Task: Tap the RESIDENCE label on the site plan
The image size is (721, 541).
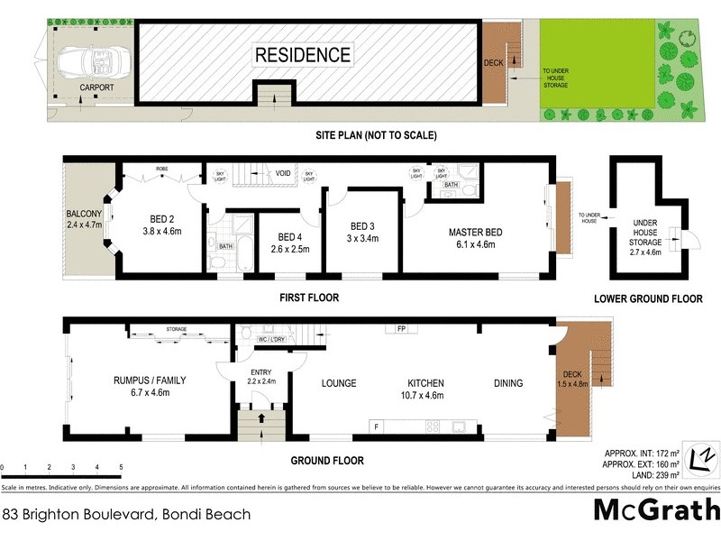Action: tap(303, 54)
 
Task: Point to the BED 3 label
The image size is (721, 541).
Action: tap(361, 226)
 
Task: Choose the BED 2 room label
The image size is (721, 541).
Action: tap(158, 217)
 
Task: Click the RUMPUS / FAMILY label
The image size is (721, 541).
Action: tap(150, 380)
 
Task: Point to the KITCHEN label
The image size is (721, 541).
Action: tap(424, 383)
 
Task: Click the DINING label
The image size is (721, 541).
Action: tap(508, 383)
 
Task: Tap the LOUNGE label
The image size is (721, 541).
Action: tap(339, 383)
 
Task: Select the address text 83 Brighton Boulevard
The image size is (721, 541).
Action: tap(126, 515)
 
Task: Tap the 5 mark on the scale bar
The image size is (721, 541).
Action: tap(121, 468)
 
